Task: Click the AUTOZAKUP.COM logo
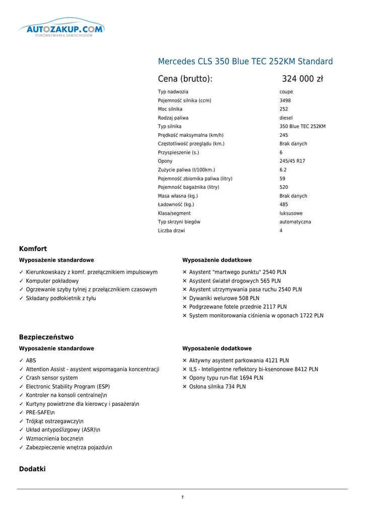click(61, 30)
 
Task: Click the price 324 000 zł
click(302, 79)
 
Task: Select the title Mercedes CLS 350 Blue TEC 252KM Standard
click(245, 62)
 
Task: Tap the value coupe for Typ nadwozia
click(286, 92)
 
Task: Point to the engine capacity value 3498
click(285, 101)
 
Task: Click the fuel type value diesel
click(286, 118)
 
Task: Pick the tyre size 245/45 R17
click(292, 161)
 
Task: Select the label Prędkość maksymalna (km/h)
click(190, 135)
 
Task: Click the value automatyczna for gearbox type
click(295, 222)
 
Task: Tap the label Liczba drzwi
click(171, 231)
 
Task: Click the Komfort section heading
click(33, 249)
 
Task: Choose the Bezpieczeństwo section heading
click(46, 337)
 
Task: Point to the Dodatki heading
click(32, 469)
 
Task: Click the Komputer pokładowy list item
click(52, 281)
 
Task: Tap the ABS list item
click(31, 361)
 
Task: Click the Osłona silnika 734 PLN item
click(217, 387)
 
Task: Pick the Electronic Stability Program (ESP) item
click(67, 387)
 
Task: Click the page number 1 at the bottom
click(182, 497)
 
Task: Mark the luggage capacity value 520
click(284, 187)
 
